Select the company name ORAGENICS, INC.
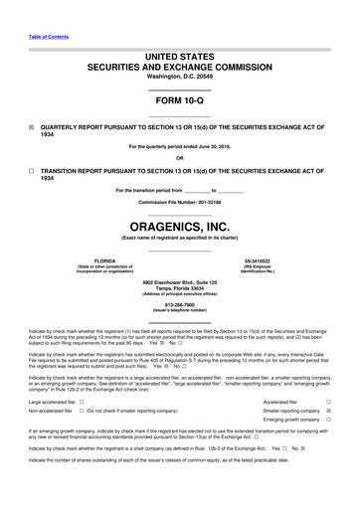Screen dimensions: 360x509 [x=179, y=227]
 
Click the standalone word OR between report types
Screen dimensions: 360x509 [x=179, y=157]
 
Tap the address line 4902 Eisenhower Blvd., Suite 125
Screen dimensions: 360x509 [x=179, y=281]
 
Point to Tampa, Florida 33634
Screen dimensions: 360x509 [x=179, y=288]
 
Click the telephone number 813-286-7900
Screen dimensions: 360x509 [x=179, y=305]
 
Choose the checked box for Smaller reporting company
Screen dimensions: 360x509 [x=328, y=411]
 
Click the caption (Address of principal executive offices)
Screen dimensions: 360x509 [x=179, y=295]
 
